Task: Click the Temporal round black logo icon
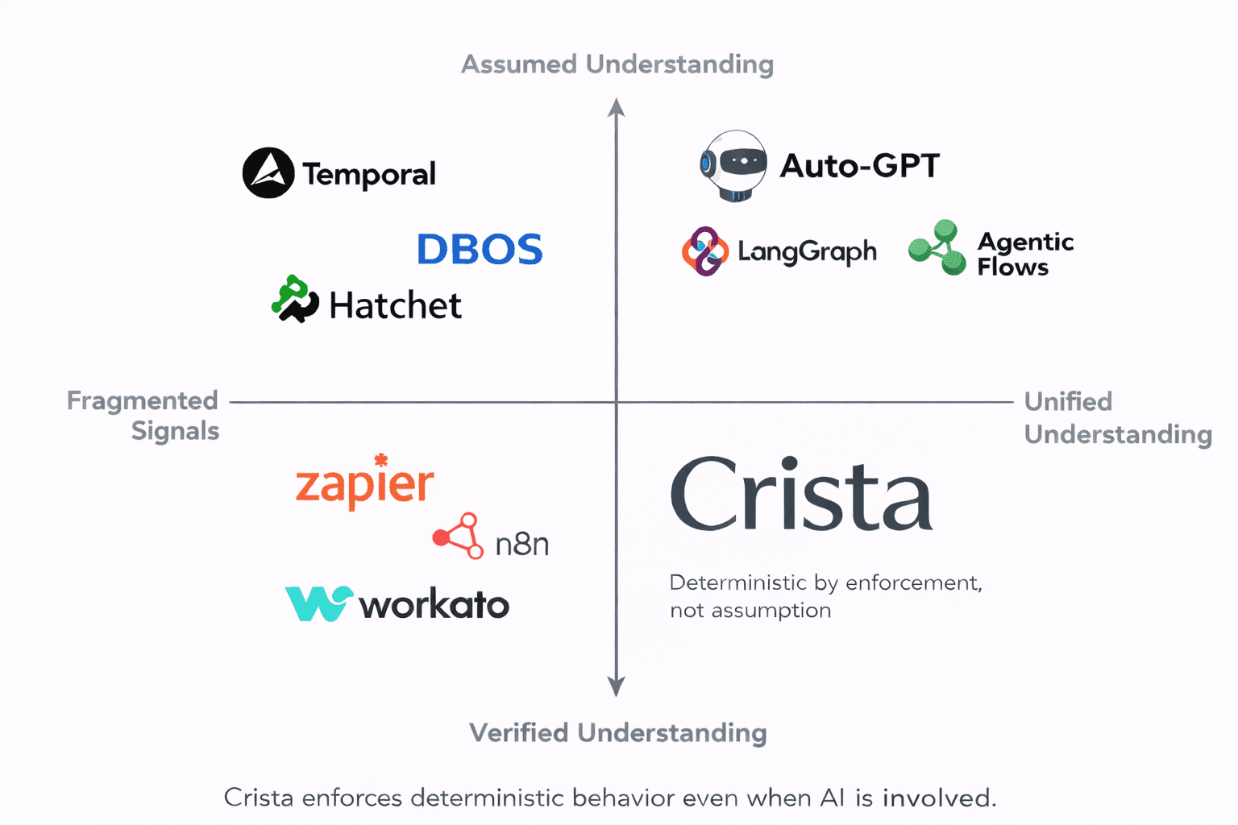268,173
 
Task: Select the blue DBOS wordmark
480,249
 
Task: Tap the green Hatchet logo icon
294,299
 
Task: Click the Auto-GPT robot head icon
733,165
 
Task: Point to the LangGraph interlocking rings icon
704,251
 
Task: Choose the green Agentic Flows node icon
937,248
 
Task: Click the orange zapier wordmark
365,483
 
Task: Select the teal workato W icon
318,603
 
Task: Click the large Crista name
801,494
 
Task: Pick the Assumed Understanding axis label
617,64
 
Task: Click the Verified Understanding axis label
617,732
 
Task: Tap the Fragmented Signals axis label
143,416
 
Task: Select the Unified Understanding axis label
1117,417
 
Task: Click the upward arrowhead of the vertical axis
617,107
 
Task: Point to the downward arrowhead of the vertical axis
617,687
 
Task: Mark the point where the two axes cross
617,401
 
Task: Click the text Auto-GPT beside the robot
859,166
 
